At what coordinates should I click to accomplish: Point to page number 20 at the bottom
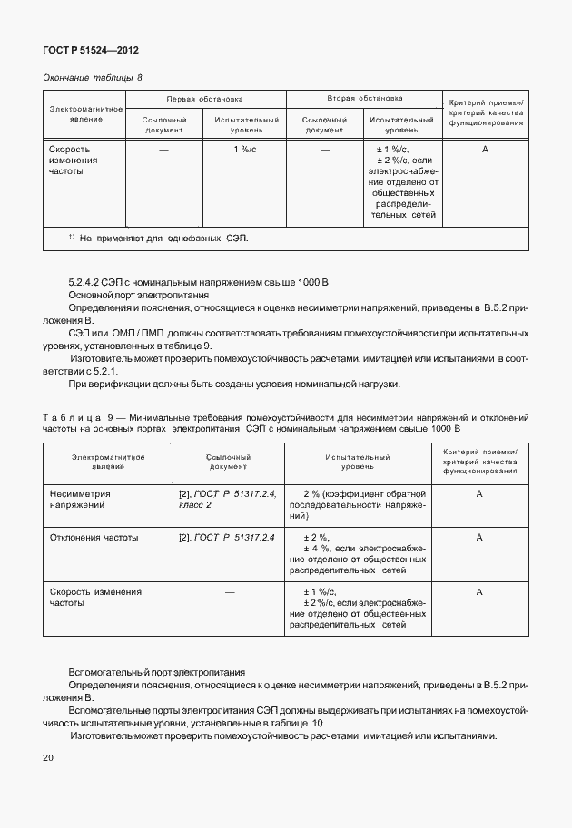click(47, 757)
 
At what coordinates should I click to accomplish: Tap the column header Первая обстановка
click(204, 98)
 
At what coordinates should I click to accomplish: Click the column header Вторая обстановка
click(365, 98)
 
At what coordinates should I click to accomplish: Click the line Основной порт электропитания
click(139, 296)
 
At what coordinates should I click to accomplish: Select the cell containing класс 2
click(196, 504)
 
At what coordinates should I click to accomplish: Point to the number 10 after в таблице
click(317, 722)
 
